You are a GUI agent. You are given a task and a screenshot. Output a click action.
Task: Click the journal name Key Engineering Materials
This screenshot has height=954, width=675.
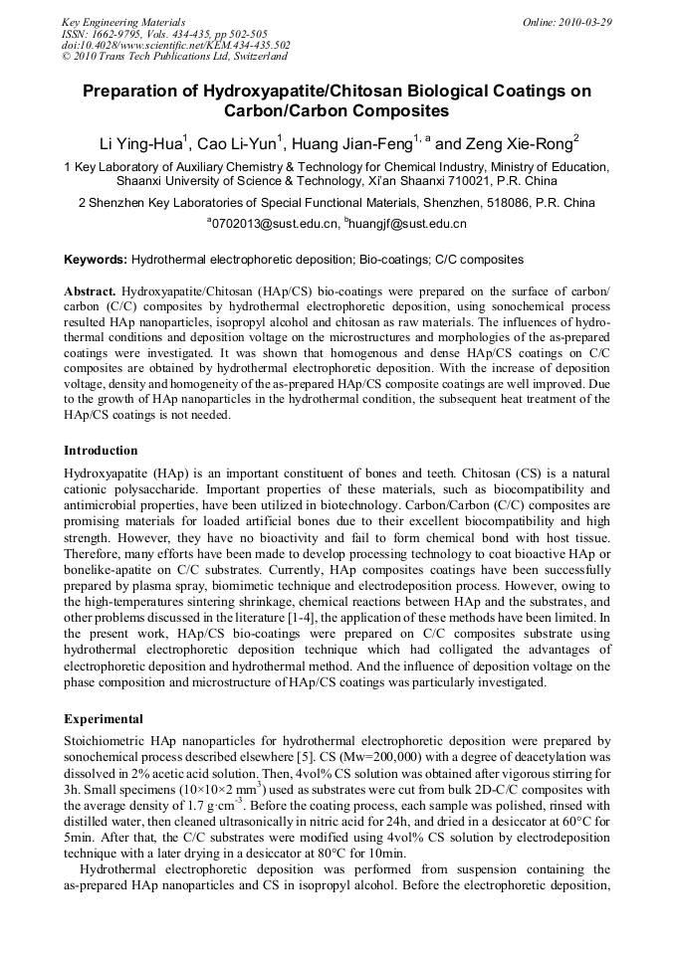tap(122, 22)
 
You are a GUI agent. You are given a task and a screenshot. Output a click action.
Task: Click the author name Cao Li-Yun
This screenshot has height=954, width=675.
tap(242, 143)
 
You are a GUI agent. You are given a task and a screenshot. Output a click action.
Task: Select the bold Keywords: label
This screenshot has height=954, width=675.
tap(96, 260)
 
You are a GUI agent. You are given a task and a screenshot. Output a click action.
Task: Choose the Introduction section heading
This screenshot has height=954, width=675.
tap(101, 451)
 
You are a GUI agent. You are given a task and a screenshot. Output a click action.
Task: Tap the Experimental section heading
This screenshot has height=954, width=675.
tap(104, 718)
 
